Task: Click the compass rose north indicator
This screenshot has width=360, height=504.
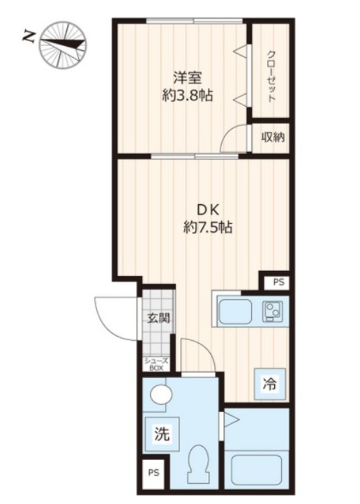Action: pyautogui.click(x=63, y=45)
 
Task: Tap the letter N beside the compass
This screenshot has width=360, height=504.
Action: pyautogui.click(x=29, y=37)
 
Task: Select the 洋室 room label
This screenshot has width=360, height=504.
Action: pyautogui.click(x=187, y=78)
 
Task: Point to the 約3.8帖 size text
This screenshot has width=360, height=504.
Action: pyautogui.click(x=187, y=95)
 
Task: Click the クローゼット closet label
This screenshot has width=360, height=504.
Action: pyautogui.click(x=271, y=76)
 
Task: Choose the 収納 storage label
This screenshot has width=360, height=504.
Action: pyautogui.click(x=273, y=137)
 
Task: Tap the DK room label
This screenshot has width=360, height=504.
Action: pyautogui.click(x=208, y=211)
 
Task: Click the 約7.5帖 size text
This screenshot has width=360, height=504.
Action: pyautogui.click(x=208, y=227)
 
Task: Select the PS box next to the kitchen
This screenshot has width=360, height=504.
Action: pyautogui.click(x=278, y=282)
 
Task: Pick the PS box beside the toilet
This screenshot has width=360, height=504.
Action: pyautogui.click(x=153, y=473)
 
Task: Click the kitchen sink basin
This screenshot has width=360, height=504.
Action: pyautogui.click(x=235, y=312)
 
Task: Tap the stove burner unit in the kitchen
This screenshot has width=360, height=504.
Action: pyautogui.click(x=272, y=311)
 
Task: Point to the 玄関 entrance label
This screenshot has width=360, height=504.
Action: pyautogui.click(x=158, y=318)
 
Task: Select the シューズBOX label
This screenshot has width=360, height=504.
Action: pyautogui.click(x=156, y=365)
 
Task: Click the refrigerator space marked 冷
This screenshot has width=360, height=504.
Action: pyautogui.click(x=269, y=384)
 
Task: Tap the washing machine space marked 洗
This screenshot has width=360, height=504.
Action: pyautogui.click(x=163, y=434)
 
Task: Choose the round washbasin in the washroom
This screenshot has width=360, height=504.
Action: pyautogui.click(x=161, y=394)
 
